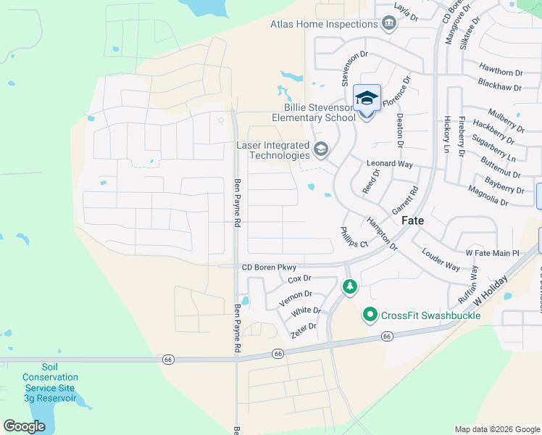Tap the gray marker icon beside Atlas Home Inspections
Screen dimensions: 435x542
389,24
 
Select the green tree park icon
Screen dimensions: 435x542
350,288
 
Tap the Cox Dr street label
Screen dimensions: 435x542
299,278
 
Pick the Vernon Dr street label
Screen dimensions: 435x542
296,294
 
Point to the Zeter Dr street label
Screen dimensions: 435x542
303,327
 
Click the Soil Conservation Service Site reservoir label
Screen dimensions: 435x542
50,383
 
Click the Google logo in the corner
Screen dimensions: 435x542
24,426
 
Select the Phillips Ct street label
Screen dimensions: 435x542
354,237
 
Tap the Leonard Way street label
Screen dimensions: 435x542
391,164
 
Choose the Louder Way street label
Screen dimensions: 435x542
441,260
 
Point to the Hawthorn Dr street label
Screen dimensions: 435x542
500,72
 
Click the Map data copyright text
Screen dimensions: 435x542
496,429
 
